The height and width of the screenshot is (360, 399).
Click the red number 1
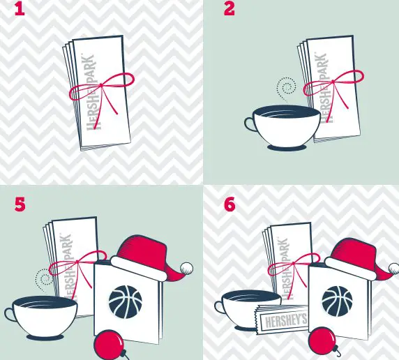point(16,11)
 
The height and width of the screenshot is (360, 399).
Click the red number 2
point(229,10)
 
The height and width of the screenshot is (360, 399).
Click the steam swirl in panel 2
point(284,89)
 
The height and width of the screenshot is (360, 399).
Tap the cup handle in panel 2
point(250,123)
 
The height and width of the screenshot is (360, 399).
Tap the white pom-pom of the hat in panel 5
point(186,267)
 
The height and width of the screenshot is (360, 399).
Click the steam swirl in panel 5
point(45,280)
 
